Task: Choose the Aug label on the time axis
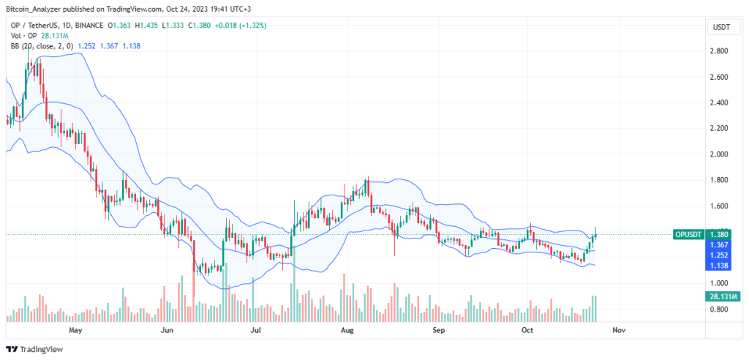tap(347, 330)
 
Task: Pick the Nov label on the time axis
tap(619, 330)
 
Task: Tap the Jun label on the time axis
tap(168, 330)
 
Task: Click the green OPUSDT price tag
tap(689, 234)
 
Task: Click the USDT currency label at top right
tap(721, 27)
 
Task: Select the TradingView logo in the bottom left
tap(36, 349)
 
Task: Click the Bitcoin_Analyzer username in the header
tap(35, 8)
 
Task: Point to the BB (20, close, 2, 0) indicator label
tap(39, 46)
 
